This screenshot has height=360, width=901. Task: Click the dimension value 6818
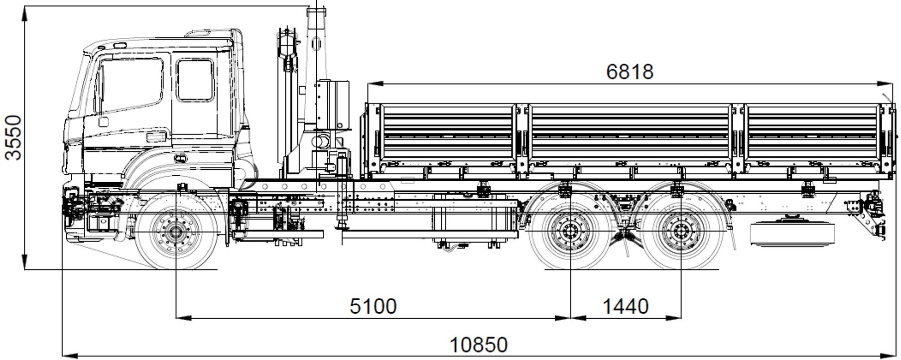pos(630,72)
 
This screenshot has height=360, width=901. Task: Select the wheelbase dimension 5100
pos(373,306)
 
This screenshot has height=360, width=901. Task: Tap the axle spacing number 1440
pos(626,306)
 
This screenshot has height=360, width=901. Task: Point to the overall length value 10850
pos(479,345)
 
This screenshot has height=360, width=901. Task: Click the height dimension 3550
pos(13,137)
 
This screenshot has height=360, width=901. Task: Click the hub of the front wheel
pos(176,232)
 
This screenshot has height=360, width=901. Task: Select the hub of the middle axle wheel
pos(569,232)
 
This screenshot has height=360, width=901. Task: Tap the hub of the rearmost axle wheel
pos(680,232)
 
